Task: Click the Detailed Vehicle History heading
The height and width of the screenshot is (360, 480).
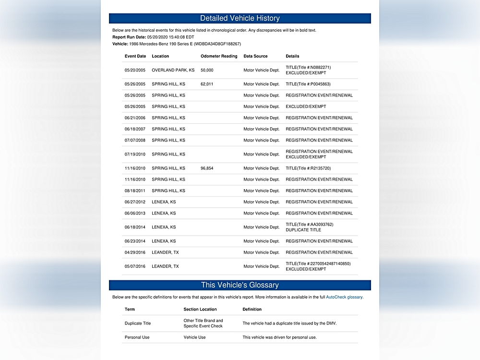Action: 240,18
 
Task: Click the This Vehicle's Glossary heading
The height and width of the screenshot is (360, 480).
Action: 240,285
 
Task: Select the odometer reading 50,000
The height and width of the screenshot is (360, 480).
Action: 207,70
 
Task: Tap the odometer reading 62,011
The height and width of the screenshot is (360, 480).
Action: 207,84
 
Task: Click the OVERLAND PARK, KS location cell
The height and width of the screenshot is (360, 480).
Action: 173,70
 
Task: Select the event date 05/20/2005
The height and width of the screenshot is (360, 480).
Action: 135,70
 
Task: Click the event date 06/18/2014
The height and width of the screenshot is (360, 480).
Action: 135,227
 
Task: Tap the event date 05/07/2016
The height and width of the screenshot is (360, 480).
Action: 135,266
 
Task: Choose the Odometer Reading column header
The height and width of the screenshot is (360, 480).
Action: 219,56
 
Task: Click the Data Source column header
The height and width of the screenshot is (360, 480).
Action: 255,56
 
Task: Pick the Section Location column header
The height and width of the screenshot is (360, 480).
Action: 200,309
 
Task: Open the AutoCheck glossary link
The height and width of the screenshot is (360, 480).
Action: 344,298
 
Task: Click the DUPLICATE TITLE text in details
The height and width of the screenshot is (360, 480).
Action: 303,230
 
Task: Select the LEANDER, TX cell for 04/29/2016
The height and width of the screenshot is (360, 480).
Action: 165,252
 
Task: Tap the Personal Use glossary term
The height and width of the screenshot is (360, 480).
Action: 137,337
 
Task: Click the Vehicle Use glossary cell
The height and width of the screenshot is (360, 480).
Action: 194,337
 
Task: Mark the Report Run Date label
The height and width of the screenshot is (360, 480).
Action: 129,37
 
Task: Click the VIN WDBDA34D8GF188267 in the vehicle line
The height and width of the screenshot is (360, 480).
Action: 217,44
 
